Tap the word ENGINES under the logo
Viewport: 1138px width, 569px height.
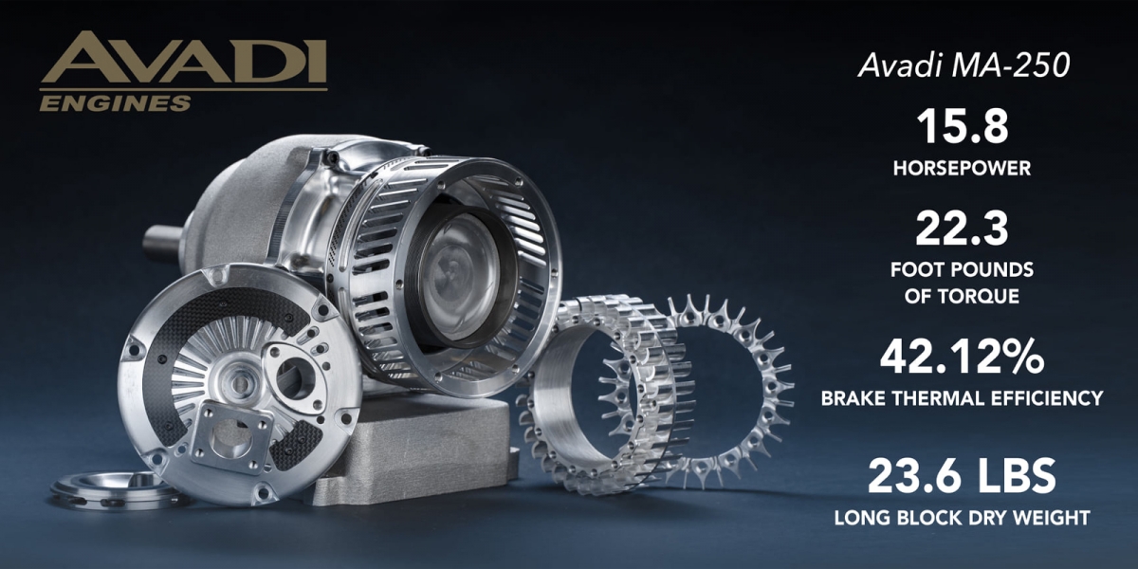coord(116,103)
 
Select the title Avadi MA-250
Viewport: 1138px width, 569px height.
coord(964,65)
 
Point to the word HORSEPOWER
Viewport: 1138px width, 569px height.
coord(963,168)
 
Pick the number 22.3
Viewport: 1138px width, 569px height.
coord(962,229)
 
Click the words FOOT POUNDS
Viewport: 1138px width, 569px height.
coord(962,269)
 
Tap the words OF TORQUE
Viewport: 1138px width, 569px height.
coord(962,296)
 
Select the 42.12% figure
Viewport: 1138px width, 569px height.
coord(962,358)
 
